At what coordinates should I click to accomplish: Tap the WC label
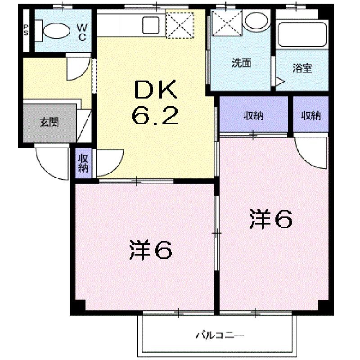(x=82, y=32)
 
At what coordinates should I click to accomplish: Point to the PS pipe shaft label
(x=26, y=30)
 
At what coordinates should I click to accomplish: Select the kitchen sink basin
(x=151, y=25)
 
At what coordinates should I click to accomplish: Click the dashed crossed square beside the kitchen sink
(x=180, y=25)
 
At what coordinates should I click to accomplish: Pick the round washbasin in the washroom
(x=256, y=20)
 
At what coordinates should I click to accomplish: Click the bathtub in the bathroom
(x=302, y=35)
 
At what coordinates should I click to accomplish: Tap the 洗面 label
(x=242, y=63)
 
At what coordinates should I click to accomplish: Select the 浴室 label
(x=302, y=68)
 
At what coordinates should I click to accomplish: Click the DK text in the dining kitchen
(x=156, y=90)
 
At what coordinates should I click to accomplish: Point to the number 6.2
(x=155, y=116)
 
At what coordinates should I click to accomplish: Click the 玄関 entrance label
(x=49, y=122)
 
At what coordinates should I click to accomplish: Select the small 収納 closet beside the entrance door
(x=83, y=163)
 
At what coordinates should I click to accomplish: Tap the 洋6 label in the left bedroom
(x=150, y=250)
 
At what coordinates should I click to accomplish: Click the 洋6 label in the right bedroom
(x=271, y=219)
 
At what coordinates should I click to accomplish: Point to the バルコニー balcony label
(x=220, y=335)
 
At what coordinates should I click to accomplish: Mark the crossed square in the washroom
(x=227, y=23)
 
